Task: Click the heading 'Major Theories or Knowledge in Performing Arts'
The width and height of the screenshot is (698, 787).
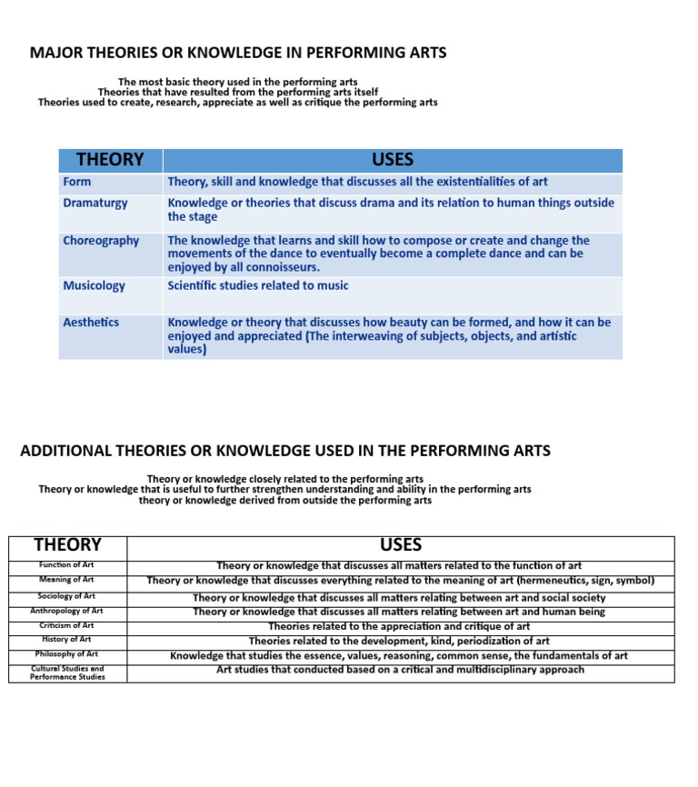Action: click(238, 53)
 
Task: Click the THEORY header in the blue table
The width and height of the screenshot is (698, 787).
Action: click(110, 160)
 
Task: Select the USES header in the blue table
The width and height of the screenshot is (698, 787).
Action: click(393, 160)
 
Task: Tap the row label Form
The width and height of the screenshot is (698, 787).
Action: click(77, 182)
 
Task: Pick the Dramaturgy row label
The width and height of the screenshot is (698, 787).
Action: click(95, 204)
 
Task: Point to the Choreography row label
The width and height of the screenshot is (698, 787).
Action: click(101, 241)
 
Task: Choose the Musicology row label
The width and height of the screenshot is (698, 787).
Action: click(95, 285)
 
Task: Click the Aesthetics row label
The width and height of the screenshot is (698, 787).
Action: click(91, 322)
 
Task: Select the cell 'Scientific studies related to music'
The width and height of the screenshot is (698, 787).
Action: click(258, 285)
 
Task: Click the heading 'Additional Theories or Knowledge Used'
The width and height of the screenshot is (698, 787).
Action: click(285, 451)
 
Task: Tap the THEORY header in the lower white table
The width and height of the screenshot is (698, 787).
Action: click(67, 545)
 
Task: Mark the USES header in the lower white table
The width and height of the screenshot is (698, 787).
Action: click(401, 545)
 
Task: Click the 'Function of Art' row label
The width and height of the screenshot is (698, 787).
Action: click(66, 565)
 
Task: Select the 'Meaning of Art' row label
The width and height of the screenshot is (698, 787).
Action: click(66, 580)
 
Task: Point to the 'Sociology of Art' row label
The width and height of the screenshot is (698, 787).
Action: click(66, 596)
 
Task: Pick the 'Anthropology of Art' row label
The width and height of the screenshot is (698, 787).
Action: click(66, 611)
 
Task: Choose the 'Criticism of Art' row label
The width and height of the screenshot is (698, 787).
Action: click(66, 625)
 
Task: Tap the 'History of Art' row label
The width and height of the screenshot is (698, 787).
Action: click(66, 640)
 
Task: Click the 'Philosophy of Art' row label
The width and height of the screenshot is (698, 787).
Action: click(66, 654)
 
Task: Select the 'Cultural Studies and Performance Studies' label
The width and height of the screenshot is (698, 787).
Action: click(66, 672)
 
